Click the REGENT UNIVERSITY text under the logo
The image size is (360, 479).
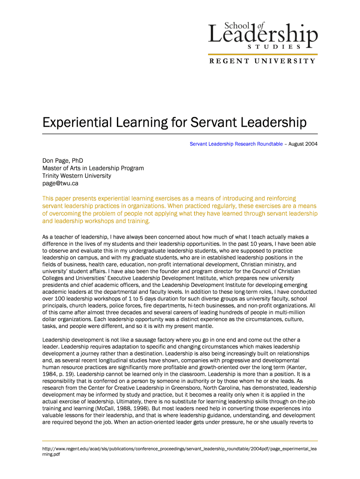tap(262, 61)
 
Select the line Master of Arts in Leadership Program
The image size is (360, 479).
tap(93, 168)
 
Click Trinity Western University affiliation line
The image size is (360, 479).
tap(77, 176)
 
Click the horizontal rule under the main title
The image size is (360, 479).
tap(180, 134)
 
